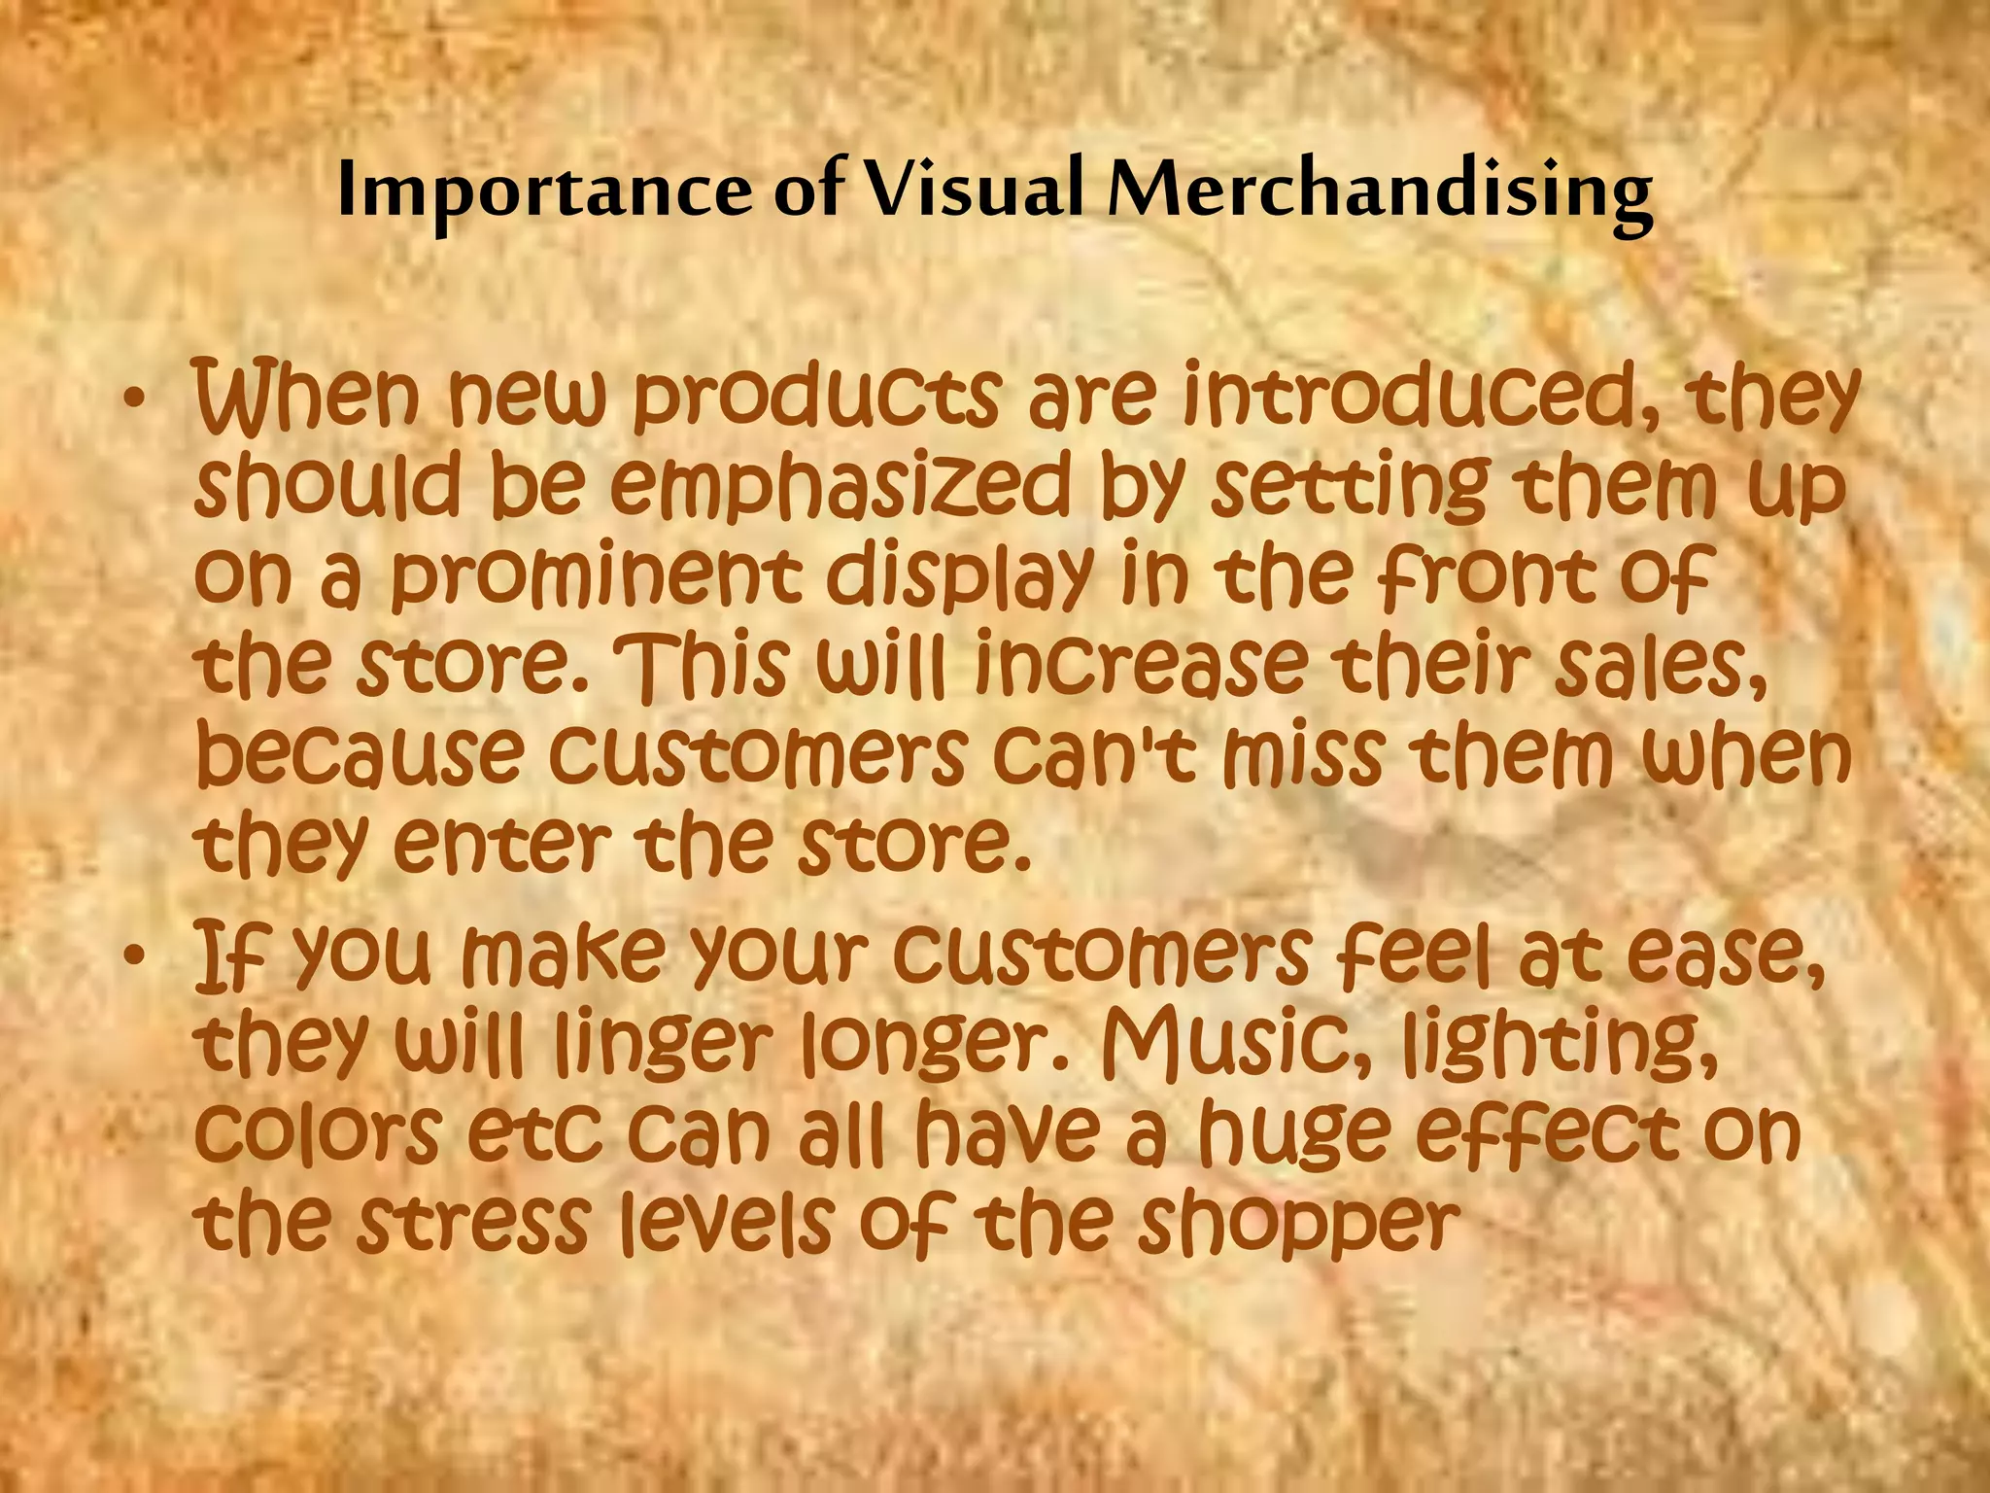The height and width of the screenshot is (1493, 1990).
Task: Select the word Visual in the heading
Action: tap(974, 190)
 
